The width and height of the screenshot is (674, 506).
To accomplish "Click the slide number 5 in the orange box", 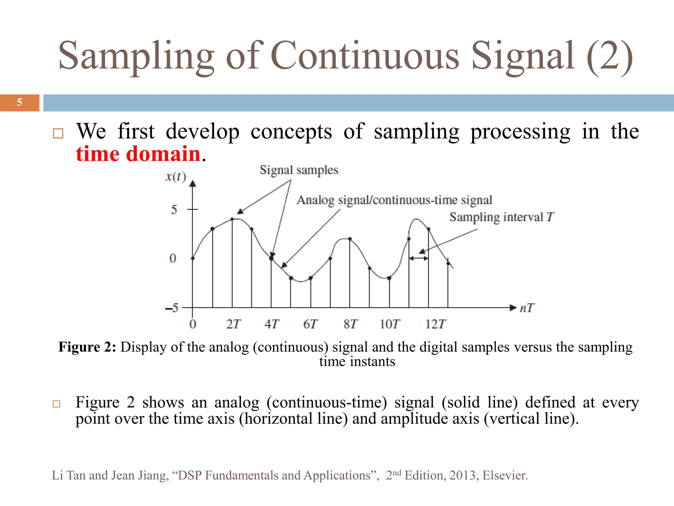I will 19,102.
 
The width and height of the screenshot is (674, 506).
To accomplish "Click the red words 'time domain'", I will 138,154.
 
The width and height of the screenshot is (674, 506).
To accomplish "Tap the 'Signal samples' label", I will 299,170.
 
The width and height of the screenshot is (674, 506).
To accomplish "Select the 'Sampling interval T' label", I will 501,217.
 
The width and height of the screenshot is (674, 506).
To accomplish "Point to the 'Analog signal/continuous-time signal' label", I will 394,200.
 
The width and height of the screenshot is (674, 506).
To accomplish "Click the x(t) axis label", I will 175,177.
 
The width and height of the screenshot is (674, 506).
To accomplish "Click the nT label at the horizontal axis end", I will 527,308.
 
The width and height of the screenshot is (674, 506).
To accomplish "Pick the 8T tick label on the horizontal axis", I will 350,324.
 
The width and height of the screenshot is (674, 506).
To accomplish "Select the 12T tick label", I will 435,324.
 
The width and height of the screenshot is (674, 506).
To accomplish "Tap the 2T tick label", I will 233,324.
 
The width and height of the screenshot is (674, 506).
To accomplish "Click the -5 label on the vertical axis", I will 172,308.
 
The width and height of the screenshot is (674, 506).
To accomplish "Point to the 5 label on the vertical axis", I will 174,210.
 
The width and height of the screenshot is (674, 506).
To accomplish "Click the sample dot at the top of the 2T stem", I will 232,219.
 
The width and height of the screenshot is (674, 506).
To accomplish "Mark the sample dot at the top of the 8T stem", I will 350,239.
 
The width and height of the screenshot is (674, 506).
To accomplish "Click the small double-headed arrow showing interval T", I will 419,259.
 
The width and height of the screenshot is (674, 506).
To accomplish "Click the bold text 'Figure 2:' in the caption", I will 87,347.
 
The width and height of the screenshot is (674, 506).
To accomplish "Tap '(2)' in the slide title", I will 609,56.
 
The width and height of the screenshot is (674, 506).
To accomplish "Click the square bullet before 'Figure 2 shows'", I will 57,404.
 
